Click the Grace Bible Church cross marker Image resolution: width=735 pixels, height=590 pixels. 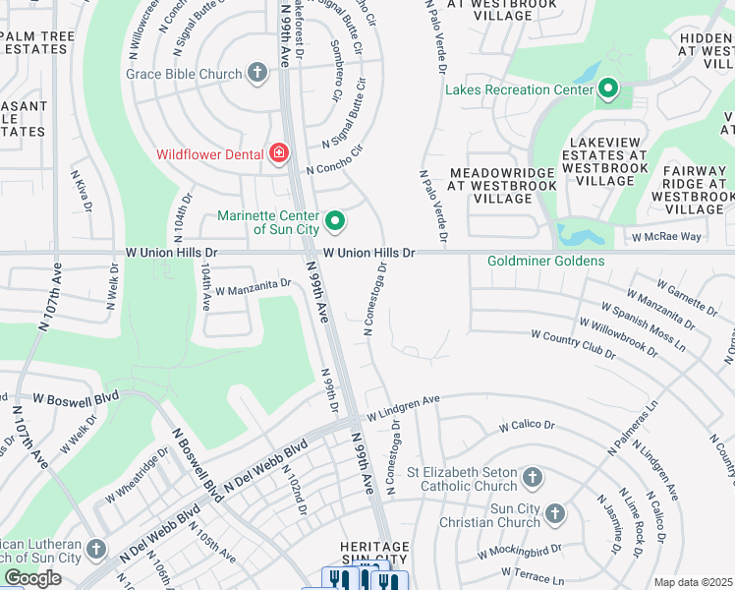(x=257, y=73)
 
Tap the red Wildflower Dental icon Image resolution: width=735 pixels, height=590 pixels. (x=279, y=153)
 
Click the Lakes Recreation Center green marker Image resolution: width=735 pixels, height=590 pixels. (x=608, y=89)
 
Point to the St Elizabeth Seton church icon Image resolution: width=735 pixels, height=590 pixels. (x=532, y=478)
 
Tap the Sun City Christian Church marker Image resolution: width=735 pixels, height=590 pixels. (x=555, y=513)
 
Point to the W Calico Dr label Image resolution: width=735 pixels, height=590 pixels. (x=527, y=427)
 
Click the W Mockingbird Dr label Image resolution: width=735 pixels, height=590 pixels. (x=519, y=552)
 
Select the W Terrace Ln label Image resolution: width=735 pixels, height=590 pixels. (x=533, y=571)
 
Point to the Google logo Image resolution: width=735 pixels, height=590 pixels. (x=32, y=578)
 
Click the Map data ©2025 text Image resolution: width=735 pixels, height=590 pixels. (x=693, y=582)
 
